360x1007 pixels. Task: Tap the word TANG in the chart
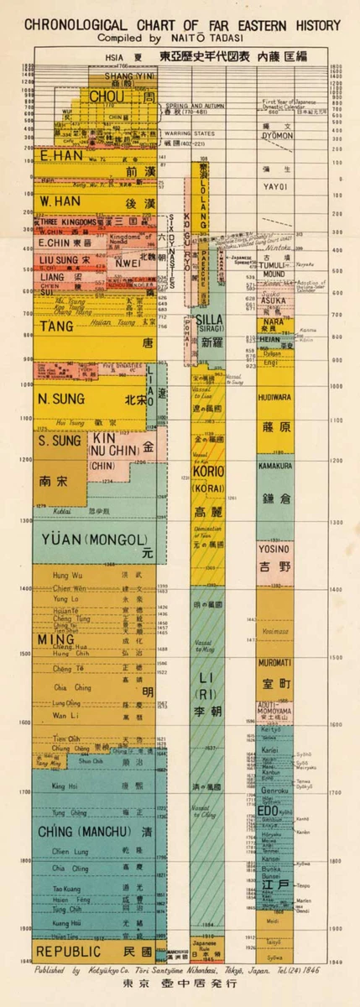click(x=54, y=326)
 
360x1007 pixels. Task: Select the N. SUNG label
click(x=59, y=398)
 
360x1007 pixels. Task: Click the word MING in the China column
click(x=50, y=639)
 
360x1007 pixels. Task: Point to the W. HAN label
click(x=59, y=202)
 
